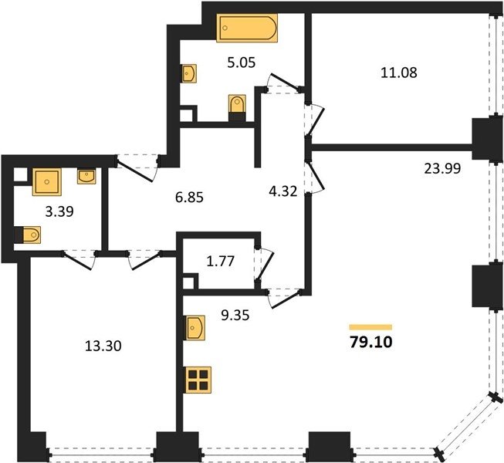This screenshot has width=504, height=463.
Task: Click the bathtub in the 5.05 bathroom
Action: pyautogui.click(x=247, y=28)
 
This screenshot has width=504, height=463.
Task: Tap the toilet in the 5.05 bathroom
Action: pyautogui.click(x=237, y=107)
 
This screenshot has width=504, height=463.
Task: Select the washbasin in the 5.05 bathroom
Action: pyautogui.click(x=189, y=73)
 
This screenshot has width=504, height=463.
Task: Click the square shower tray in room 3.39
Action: pyautogui.click(x=46, y=182)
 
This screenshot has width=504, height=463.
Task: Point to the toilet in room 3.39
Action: pyautogui.click(x=28, y=235)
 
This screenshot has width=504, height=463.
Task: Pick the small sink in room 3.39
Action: pyautogui.click(x=86, y=177)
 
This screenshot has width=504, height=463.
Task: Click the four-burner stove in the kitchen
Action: pyautogui.click(x=198, y=380)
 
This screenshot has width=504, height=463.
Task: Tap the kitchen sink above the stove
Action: pyautogui.click(x=194, y=327)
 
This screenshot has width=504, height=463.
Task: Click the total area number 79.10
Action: pyautogui.click(x=371, y=343)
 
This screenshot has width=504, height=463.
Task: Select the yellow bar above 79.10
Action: pyautogui.click(x=370, y=327)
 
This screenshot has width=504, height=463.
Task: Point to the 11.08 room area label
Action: pyautogui.click(x=399, y=73)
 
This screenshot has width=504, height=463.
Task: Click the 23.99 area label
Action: pyautogui.click(x=442, y=168)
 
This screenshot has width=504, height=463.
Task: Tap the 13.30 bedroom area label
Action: pyautogui.click(x=103, y=346)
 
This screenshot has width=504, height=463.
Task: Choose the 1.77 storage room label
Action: pyautogui.click(x=221, y=262)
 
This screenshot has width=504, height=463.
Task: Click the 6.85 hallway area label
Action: pyautogui.click(x=189, y=197)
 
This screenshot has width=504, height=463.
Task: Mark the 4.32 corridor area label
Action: pyautogui.click(x=282, y=192)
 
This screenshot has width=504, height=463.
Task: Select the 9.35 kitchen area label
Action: pyautogui.click(x=235, y=316)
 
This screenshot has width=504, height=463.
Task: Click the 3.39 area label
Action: pyautogui.click(x=59, y=211)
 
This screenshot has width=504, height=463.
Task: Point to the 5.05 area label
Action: pyautogui.click(x=242, y=63)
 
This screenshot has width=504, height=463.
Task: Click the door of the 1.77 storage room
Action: pyautogui.click(x=266, y=266)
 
